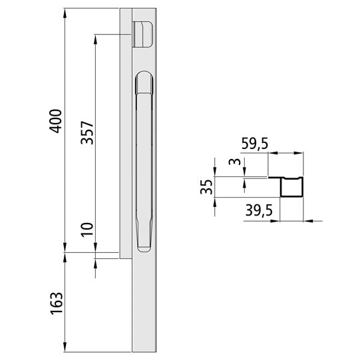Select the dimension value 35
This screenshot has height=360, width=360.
(x=206, y=186)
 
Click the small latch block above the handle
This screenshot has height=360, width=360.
(x=144, y=33)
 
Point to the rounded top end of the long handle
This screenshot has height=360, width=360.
(x=145, y=79)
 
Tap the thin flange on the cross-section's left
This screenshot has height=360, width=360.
(x=274, y=178)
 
